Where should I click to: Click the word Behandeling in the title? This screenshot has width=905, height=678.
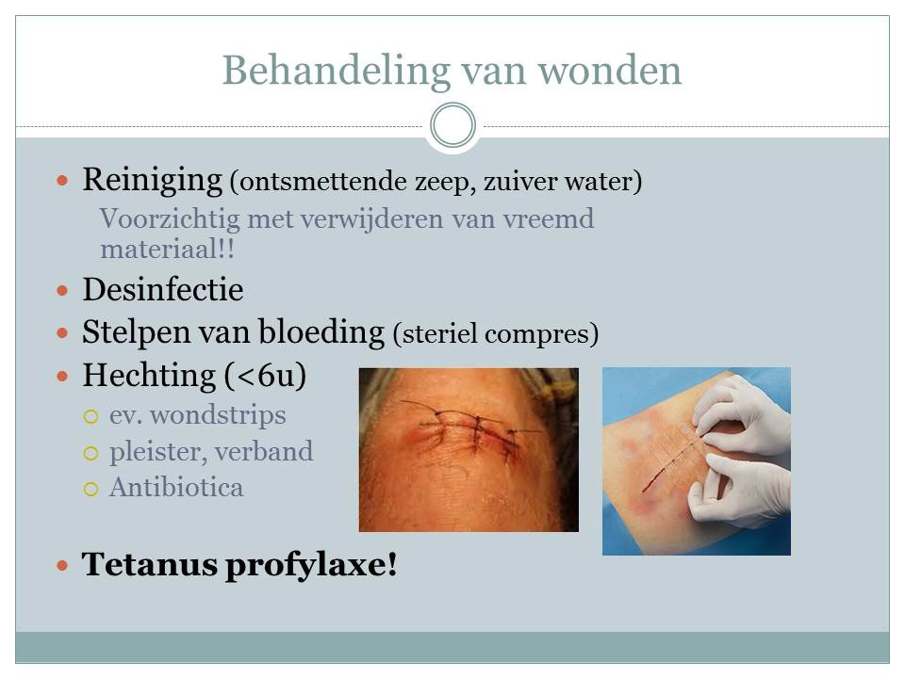pos(337,72)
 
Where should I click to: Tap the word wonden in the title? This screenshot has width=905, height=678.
pos(610,72)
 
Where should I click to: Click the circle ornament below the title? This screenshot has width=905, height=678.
pos(453,125)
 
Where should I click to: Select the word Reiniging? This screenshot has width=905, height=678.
pos(153,180)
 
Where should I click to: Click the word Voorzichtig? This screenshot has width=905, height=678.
pos(170,219)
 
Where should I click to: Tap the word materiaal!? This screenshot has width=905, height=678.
pos(168,249)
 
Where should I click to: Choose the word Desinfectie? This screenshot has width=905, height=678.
pos(163,289)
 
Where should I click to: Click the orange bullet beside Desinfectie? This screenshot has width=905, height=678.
pos(62,290)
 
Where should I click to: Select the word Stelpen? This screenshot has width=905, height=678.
pos(136,332)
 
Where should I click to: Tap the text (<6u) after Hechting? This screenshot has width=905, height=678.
pos(266,376)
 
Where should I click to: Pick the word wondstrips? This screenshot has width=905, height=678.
pos(218,415)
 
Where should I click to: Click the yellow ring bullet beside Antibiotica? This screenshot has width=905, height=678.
pos(90,489)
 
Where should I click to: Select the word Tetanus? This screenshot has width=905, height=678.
pos(149,564)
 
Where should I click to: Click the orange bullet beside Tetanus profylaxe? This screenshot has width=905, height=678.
pos(62,566)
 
